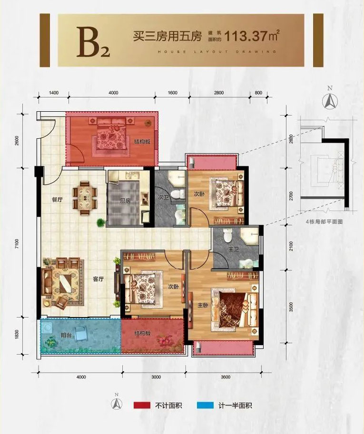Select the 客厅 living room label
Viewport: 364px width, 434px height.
pyautogui.click(x=98, y=280)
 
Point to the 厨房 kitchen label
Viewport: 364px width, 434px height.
pyautogui.click(x=125, y=201)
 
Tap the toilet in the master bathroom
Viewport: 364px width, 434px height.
pyautogui.click(x=227, y=235)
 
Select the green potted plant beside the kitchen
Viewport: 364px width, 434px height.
pyautogui.click(x=100, y=222)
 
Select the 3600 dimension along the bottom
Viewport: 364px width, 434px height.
pyautogui.click(x=225, y=377)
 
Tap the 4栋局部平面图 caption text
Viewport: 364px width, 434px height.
pyautogui.click(x=325, y=222)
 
